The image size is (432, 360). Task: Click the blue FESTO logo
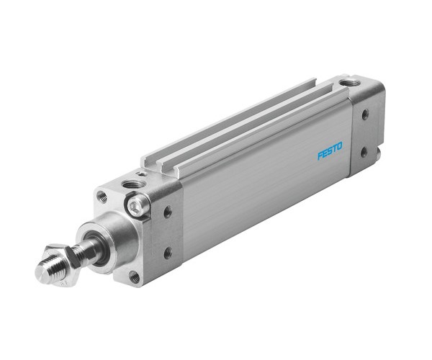click(330, 153)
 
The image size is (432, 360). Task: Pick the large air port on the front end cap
click(132, 184)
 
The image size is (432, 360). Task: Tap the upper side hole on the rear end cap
click(365, 114)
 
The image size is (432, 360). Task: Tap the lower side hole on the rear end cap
click(364, 151)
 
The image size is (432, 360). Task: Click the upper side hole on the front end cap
click(167, 212)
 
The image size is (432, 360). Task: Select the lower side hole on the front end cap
click(167, 252)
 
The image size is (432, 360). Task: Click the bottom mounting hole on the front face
click(134, 275)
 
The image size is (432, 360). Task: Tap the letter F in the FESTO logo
click(320, 155)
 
